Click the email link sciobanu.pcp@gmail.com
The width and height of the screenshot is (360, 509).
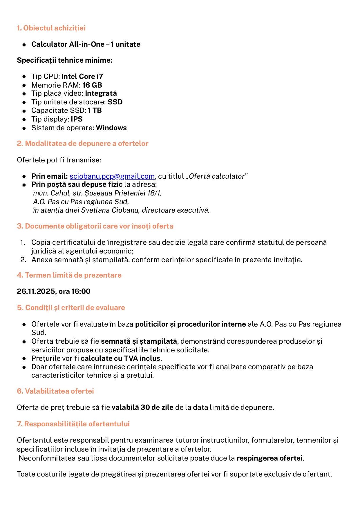(112, 176)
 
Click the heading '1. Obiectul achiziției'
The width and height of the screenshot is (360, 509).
(51, 28)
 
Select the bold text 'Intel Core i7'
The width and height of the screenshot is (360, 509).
(82, 77)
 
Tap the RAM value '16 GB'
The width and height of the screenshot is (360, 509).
(92, 85)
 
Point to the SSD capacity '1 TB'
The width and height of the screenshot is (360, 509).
(95, 111)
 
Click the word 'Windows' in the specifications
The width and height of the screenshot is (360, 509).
(111, 128)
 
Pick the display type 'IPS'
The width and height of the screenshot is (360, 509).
(77, 119)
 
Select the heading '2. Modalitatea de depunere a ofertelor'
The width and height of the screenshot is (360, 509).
(83, 144)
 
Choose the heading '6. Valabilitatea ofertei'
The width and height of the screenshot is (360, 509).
(55, 391)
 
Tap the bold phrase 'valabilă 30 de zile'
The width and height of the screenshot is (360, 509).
(142, 407)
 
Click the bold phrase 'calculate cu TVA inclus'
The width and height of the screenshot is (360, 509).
(120, 358)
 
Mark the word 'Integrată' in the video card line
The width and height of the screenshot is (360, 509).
(101, 93)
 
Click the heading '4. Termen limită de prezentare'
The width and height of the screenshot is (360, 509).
(69, 275)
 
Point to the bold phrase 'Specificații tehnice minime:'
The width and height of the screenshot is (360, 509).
(65, 60)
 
